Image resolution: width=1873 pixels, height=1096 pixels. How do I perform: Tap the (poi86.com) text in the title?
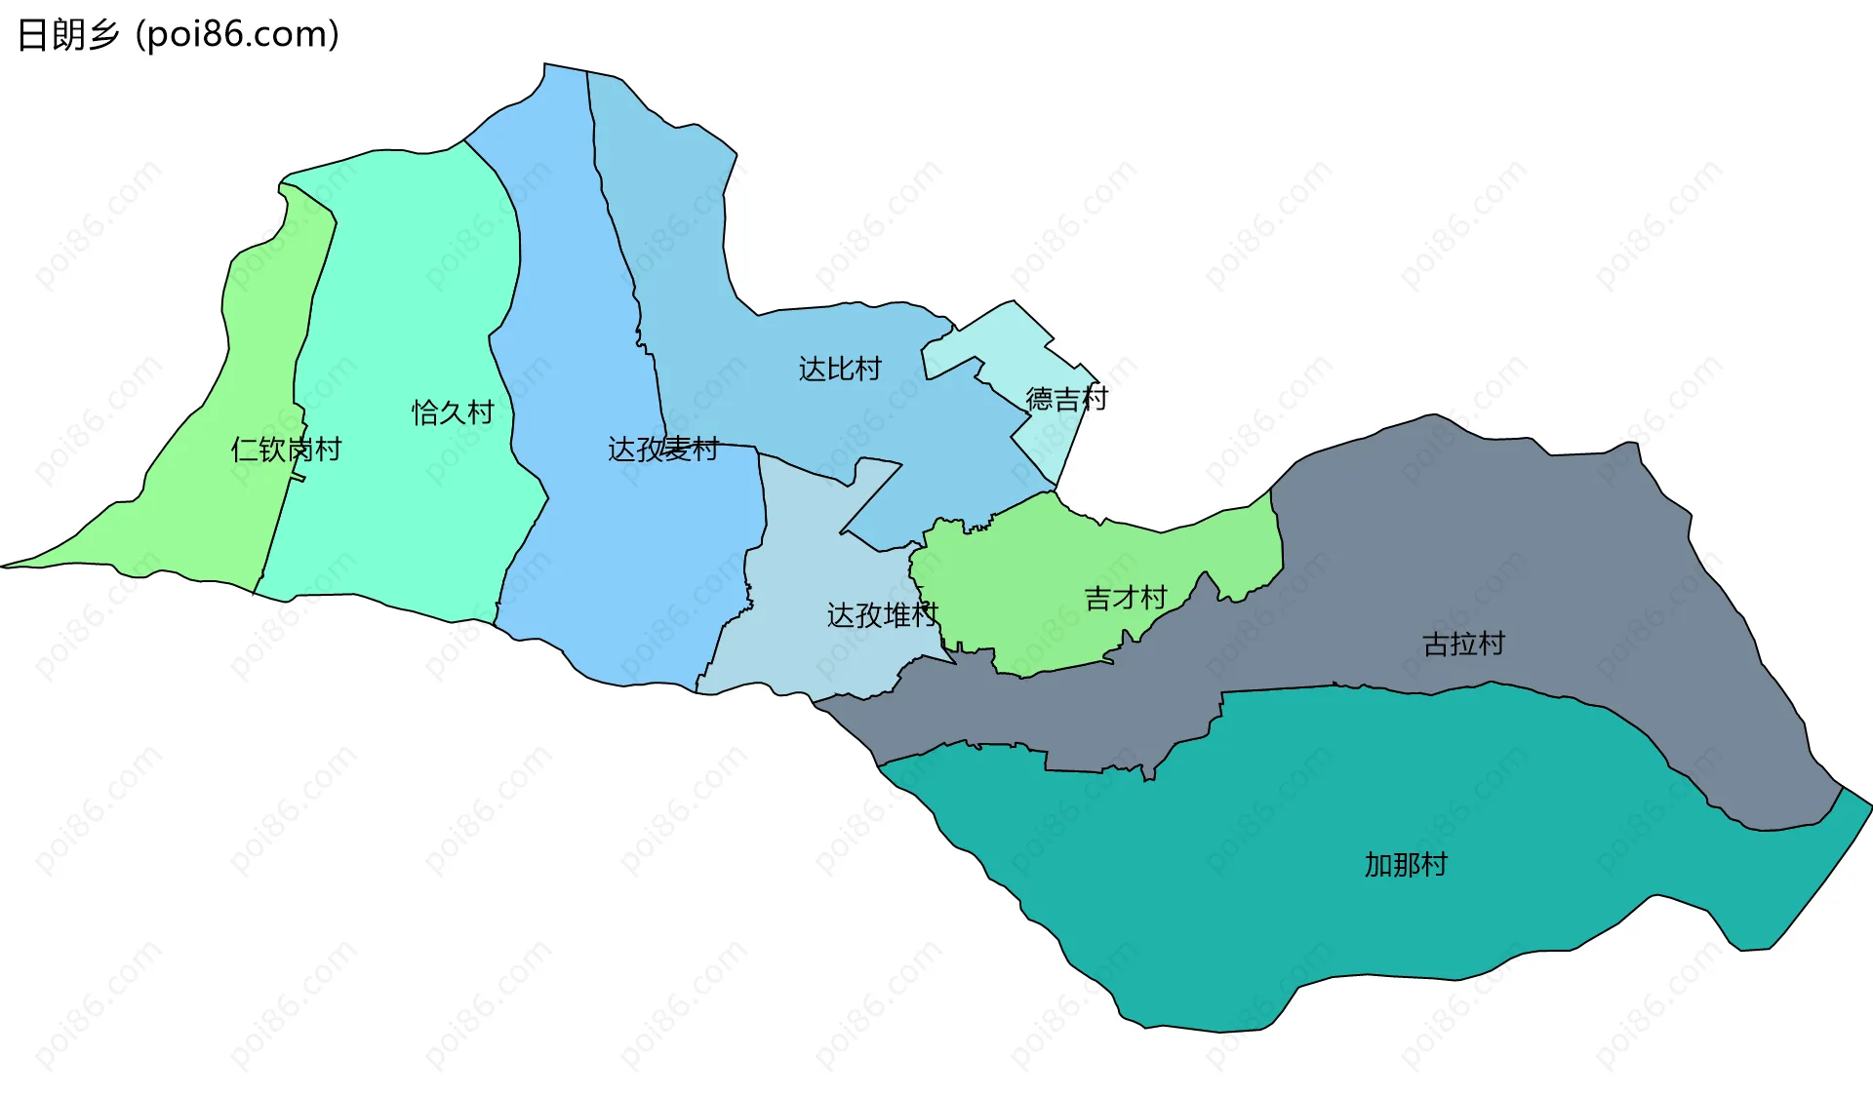coord(237,35)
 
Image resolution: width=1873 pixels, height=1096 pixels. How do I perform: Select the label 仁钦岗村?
coord(286,450)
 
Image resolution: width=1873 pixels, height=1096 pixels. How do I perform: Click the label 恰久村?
coord(453,412)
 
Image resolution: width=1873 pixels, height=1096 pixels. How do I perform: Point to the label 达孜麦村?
coord(663,450)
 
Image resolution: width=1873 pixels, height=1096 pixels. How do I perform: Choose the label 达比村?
coord(840,369)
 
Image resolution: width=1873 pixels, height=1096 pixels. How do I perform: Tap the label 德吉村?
coord(1066,399)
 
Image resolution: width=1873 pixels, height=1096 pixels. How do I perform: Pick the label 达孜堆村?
coord(882,615)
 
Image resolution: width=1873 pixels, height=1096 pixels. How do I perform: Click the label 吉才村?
coord(1126,598)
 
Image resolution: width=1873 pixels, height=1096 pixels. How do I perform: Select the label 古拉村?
coord(1463,644)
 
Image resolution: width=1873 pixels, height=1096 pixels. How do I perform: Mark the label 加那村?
coord(1405,865)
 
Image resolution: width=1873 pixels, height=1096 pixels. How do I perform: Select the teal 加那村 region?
coord(1268,878)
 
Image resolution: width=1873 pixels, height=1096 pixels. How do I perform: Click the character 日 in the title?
coord(31,35)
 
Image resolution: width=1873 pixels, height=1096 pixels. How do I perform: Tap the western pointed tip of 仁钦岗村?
coord(4,566)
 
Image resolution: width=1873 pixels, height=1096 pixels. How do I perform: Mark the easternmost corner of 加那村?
coord(1870,805)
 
